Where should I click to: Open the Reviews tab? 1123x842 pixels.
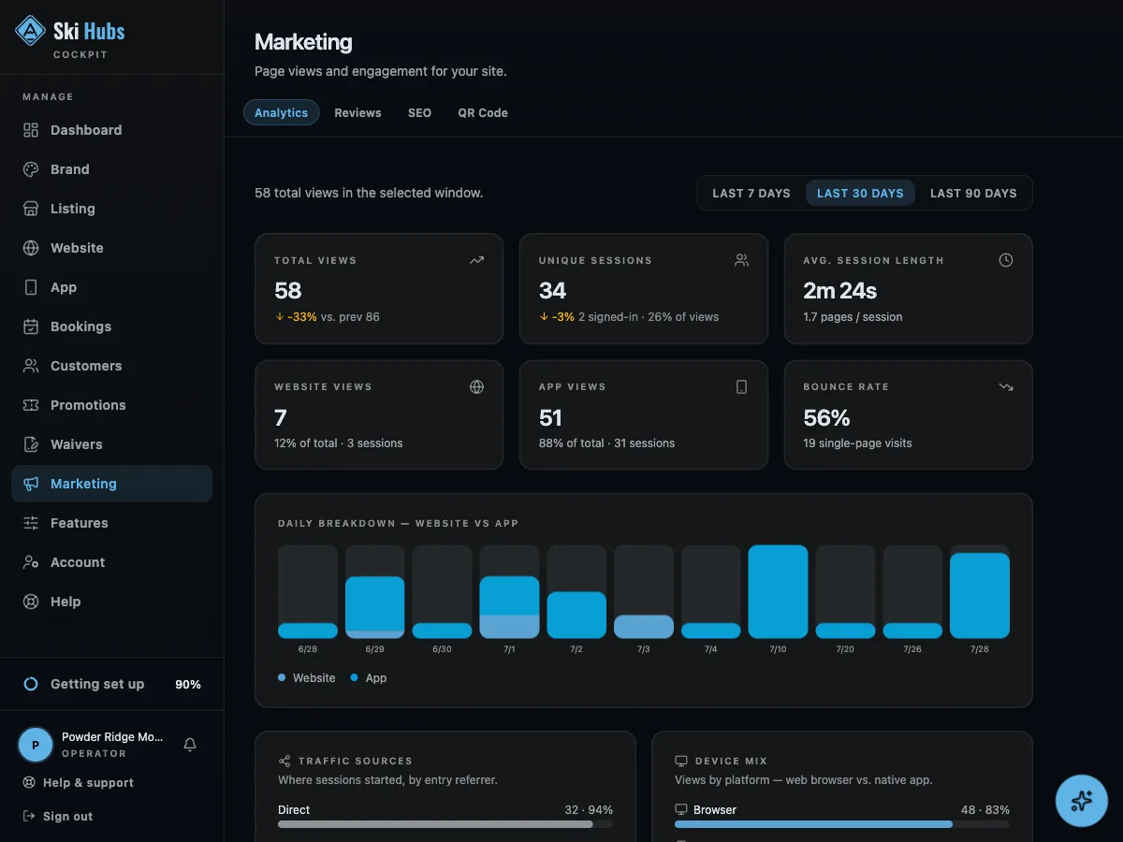tap(357, 112)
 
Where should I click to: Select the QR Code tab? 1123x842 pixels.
tap(483, 112)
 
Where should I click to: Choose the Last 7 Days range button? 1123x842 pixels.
tap(751, 194)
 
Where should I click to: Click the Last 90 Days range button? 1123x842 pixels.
tap(973, 194)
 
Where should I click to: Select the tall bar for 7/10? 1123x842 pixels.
tap(778, 591)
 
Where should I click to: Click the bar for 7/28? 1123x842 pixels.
tap(979, 595)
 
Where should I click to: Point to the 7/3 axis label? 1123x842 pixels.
tap(643, 648)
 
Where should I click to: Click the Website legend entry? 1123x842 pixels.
tap(306, 678)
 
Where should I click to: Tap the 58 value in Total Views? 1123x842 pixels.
tap(287, 290)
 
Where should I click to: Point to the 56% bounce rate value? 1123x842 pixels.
tap(826, 417)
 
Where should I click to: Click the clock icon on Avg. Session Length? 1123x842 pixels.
tap(1005, 260)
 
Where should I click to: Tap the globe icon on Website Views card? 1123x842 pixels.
tap(476, 387)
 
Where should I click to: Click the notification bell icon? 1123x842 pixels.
tap(190, 745)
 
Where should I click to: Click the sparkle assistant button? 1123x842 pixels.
tap(1081, 801)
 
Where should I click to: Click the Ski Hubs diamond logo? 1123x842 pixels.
tap(30, 31)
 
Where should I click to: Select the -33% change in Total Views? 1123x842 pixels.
tap(302, 317)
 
